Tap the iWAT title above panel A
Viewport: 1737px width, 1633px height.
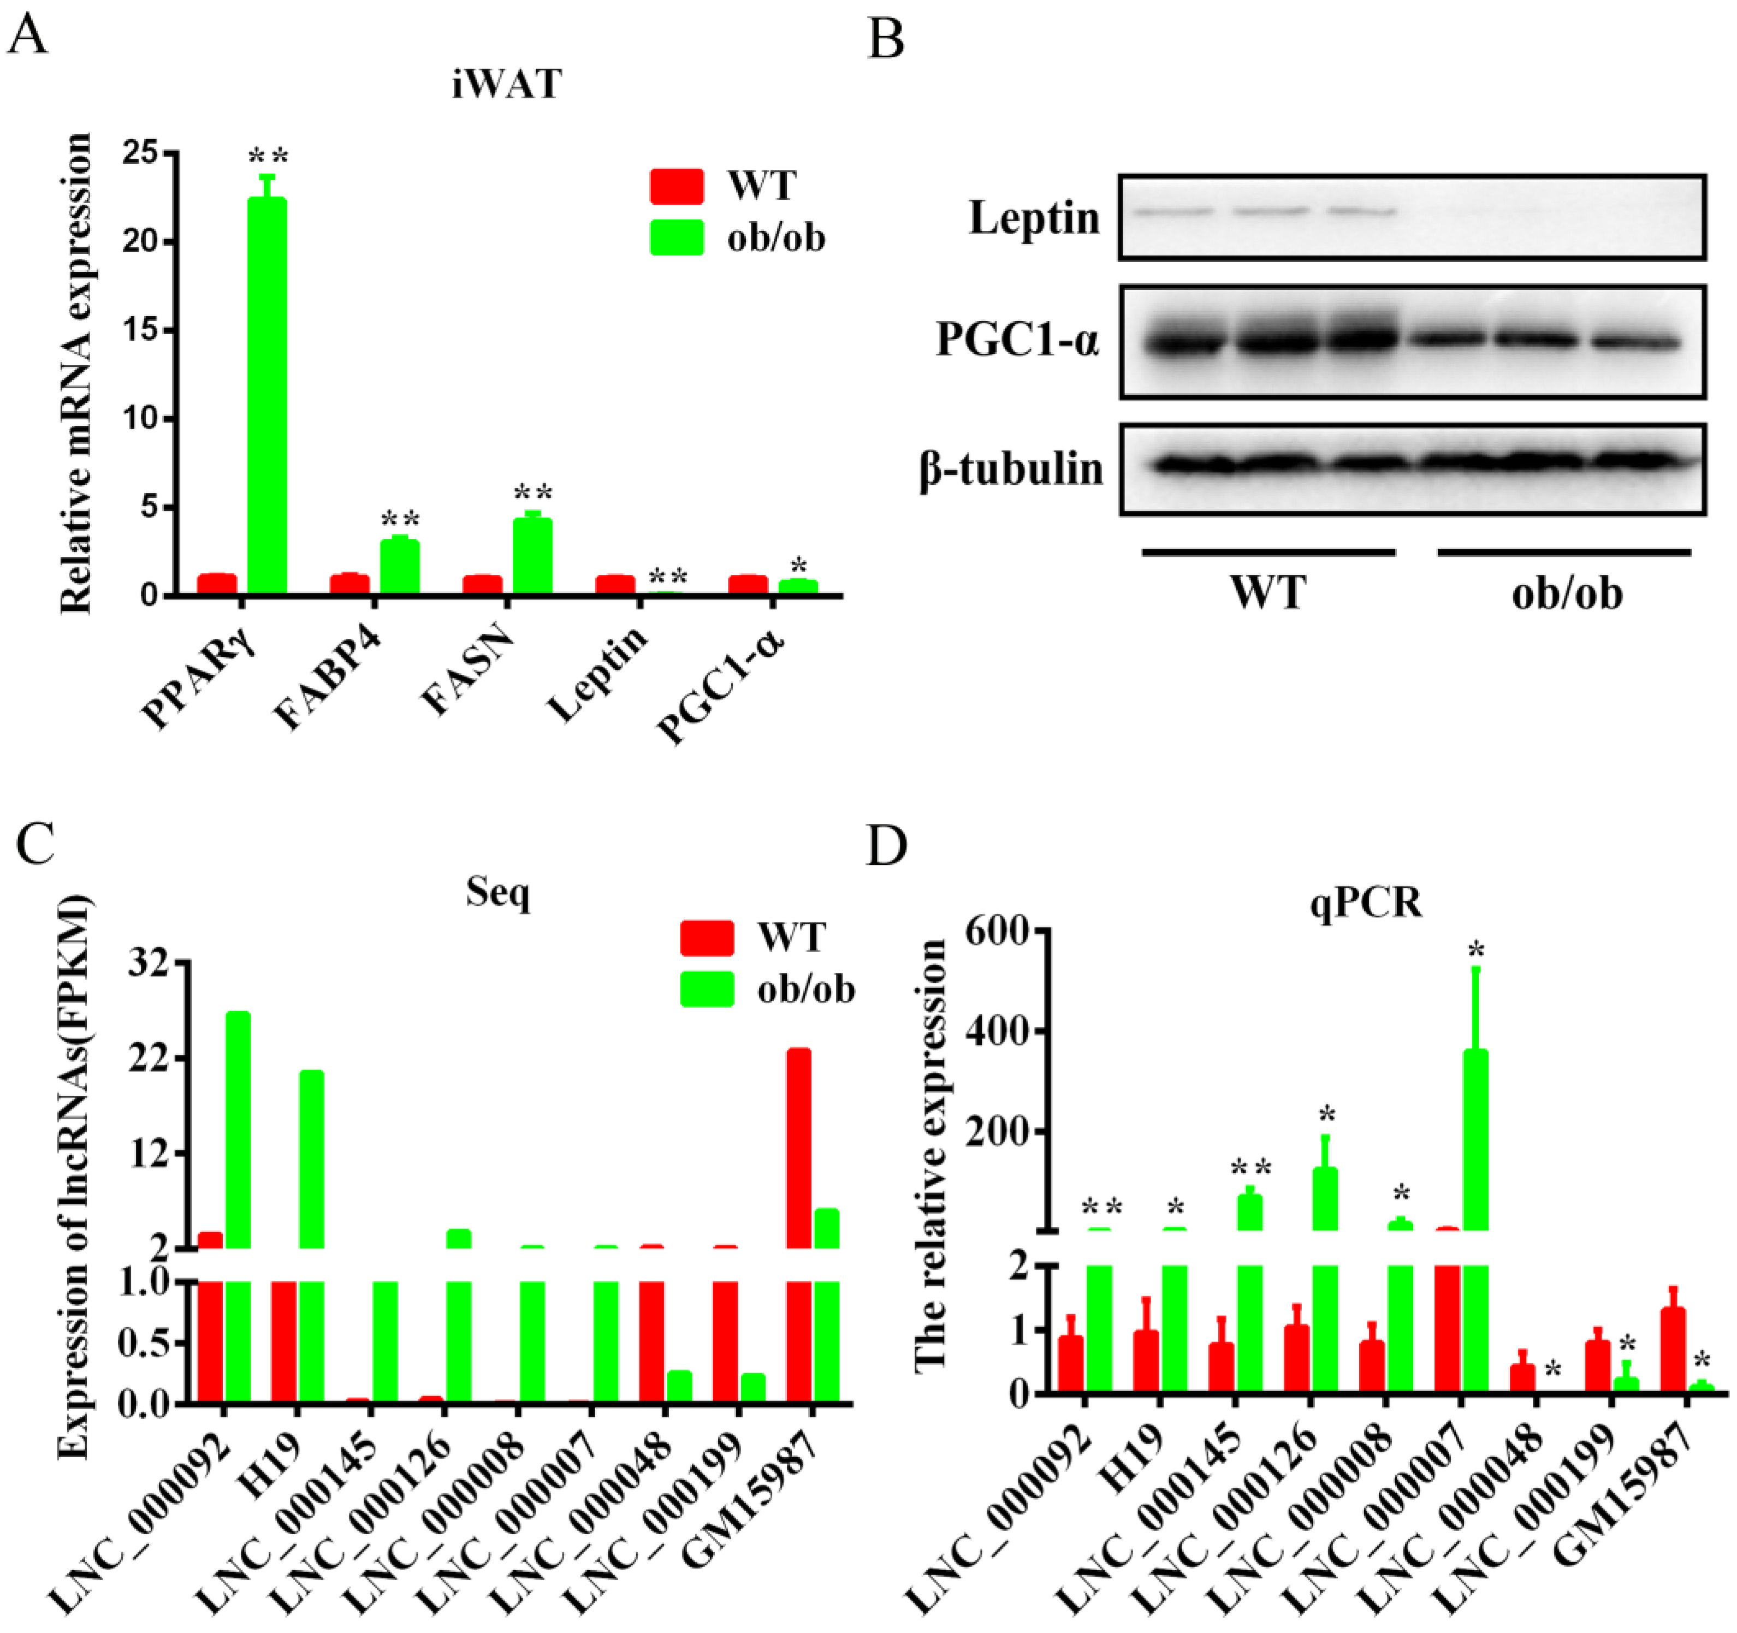click(x=507, y=85)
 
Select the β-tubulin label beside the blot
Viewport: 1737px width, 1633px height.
click(x=1011, y=469)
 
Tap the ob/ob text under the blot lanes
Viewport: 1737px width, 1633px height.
click(x=1567, y=594)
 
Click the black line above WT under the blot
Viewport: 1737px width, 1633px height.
click(x=1268, y=552)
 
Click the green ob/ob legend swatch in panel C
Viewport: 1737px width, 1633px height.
click(x=707, y=989)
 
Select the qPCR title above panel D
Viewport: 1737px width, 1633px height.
click(x=1366, y=902)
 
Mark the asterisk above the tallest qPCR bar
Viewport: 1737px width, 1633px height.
click(x=1477, y=951)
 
